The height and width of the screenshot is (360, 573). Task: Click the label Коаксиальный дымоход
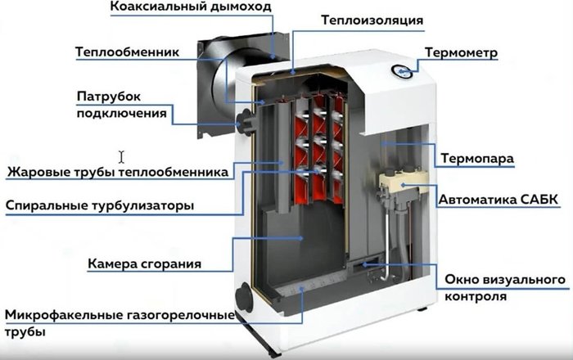pyautogui.click(x=191, y=7)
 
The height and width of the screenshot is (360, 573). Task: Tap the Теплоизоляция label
pyautogui.click(x=372, y=20)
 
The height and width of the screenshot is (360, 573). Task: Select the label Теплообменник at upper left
pyautogui.click(x=128, y=52)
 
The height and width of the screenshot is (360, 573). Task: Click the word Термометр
pyautogui.click(x=461, y=53)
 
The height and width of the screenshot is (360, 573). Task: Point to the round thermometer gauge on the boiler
pyautogui.click(x=402, y=72)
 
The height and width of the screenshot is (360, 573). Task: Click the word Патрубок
pyautogui.click(x=109, y=97)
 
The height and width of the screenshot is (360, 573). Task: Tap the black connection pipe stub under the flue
pyautogui.click(x=244, y=122)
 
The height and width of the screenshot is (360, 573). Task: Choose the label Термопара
pyautogui.click(x=477, y=159)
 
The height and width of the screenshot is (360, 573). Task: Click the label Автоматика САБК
pyautogui.click(x=499, y=200)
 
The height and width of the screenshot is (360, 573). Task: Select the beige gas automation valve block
pyautogui.click(x=402, y=181)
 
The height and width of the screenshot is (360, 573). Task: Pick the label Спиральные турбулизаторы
pyautogui.click(x=100, y=205)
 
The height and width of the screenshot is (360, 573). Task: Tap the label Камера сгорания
pyautogui.click(x=145, y=263)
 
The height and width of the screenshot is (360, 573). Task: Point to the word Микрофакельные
pyautogui.click(x=64, y=315)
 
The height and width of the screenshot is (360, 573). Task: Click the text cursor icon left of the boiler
pyautogui.click(x=121, y=157)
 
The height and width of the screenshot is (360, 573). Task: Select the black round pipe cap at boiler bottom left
pyautogui.click(x=244, y=297)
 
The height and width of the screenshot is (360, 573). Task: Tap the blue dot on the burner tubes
pyautogui.click(x=302, y=289)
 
